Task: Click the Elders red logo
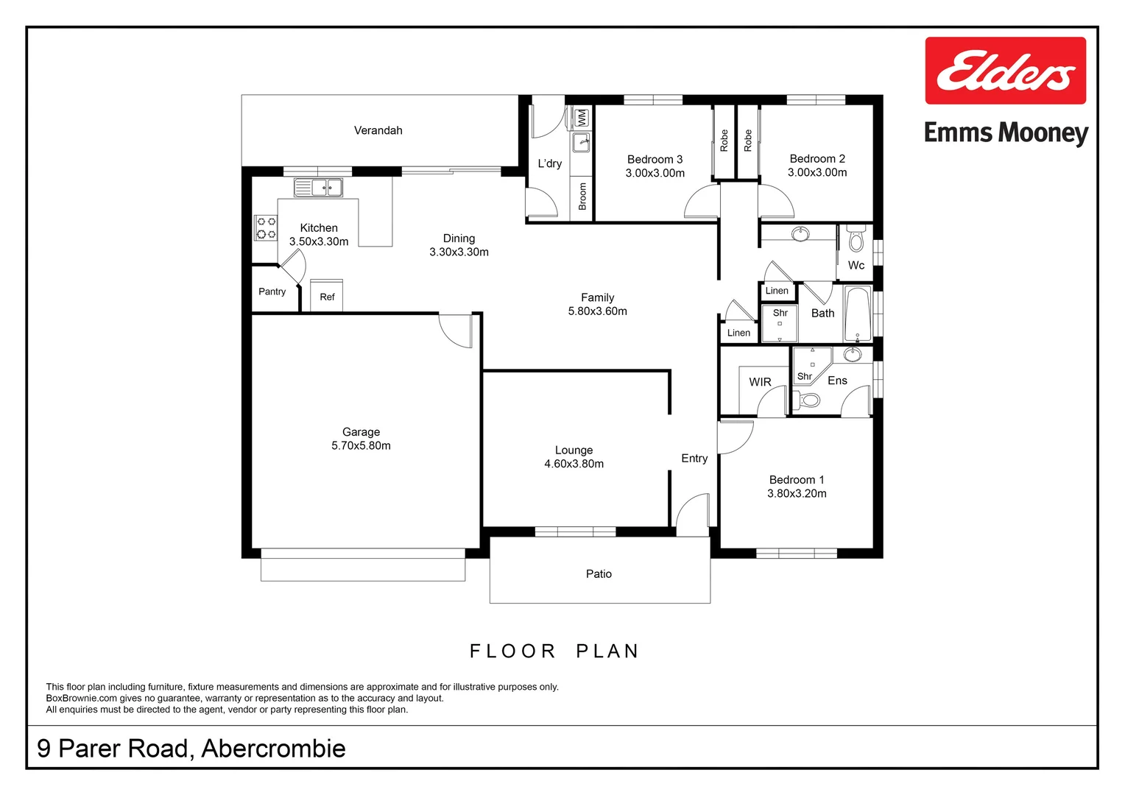(x=1005, y=71)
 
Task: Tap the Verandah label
(x=378, y=130)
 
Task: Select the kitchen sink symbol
(x=318, y=187)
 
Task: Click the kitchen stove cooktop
(x=266, y=227)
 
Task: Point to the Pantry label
(x=272, y=291)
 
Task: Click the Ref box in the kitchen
(x=327, y=296)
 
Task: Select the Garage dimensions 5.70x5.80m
(x=361, y=445)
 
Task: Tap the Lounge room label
(x=574, y=450)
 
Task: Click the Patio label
(x=599, y=573)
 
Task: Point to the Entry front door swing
(x=693, y=514)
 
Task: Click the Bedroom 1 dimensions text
(x=797, y=493)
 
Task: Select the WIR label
(x=760, y=382)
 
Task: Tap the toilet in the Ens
(x=808, y=400)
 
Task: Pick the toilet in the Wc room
(x=856, y=239)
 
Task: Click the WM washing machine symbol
(x=581, y=117)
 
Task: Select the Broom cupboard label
(x=582, y=197)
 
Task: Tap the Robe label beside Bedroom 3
(x=724, y=140)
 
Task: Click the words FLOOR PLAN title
(x=554, y=651)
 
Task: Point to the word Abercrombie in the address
(x=273, y=748)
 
